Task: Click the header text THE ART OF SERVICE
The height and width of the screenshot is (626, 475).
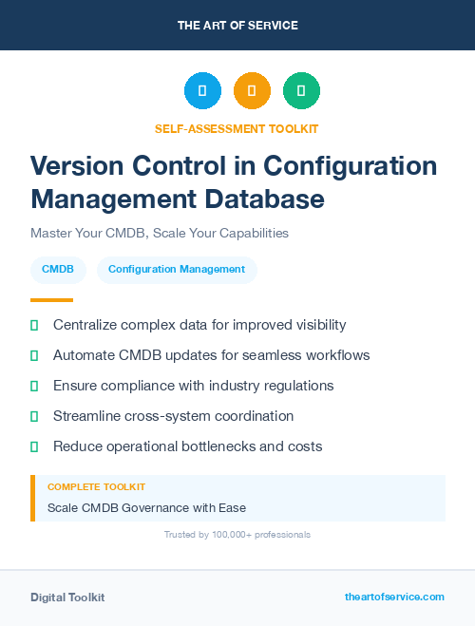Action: (237, 26)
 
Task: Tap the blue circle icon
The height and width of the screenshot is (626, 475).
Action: (202, 91)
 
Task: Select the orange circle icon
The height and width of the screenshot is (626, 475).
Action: (252, 91)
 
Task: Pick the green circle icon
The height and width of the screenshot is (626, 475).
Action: (301, 91)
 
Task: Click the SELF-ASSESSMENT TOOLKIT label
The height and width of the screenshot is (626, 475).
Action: (237, 128)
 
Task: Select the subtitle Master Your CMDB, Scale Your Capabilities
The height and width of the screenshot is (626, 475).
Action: (160, 233)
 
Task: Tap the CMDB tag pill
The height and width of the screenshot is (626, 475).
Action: (58, 270)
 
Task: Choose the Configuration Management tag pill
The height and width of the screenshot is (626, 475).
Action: (177, 270)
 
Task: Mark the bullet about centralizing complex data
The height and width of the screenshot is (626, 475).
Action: (199, 325)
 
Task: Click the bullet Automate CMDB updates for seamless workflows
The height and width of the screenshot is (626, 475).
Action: (211, 355)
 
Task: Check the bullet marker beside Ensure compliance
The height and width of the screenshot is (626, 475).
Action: (34, 386)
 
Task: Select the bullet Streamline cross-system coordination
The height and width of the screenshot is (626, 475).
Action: (173, 416)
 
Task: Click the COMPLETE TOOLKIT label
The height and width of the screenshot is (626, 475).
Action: (97, 486)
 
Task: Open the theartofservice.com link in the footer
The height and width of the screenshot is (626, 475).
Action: (394, 597)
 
